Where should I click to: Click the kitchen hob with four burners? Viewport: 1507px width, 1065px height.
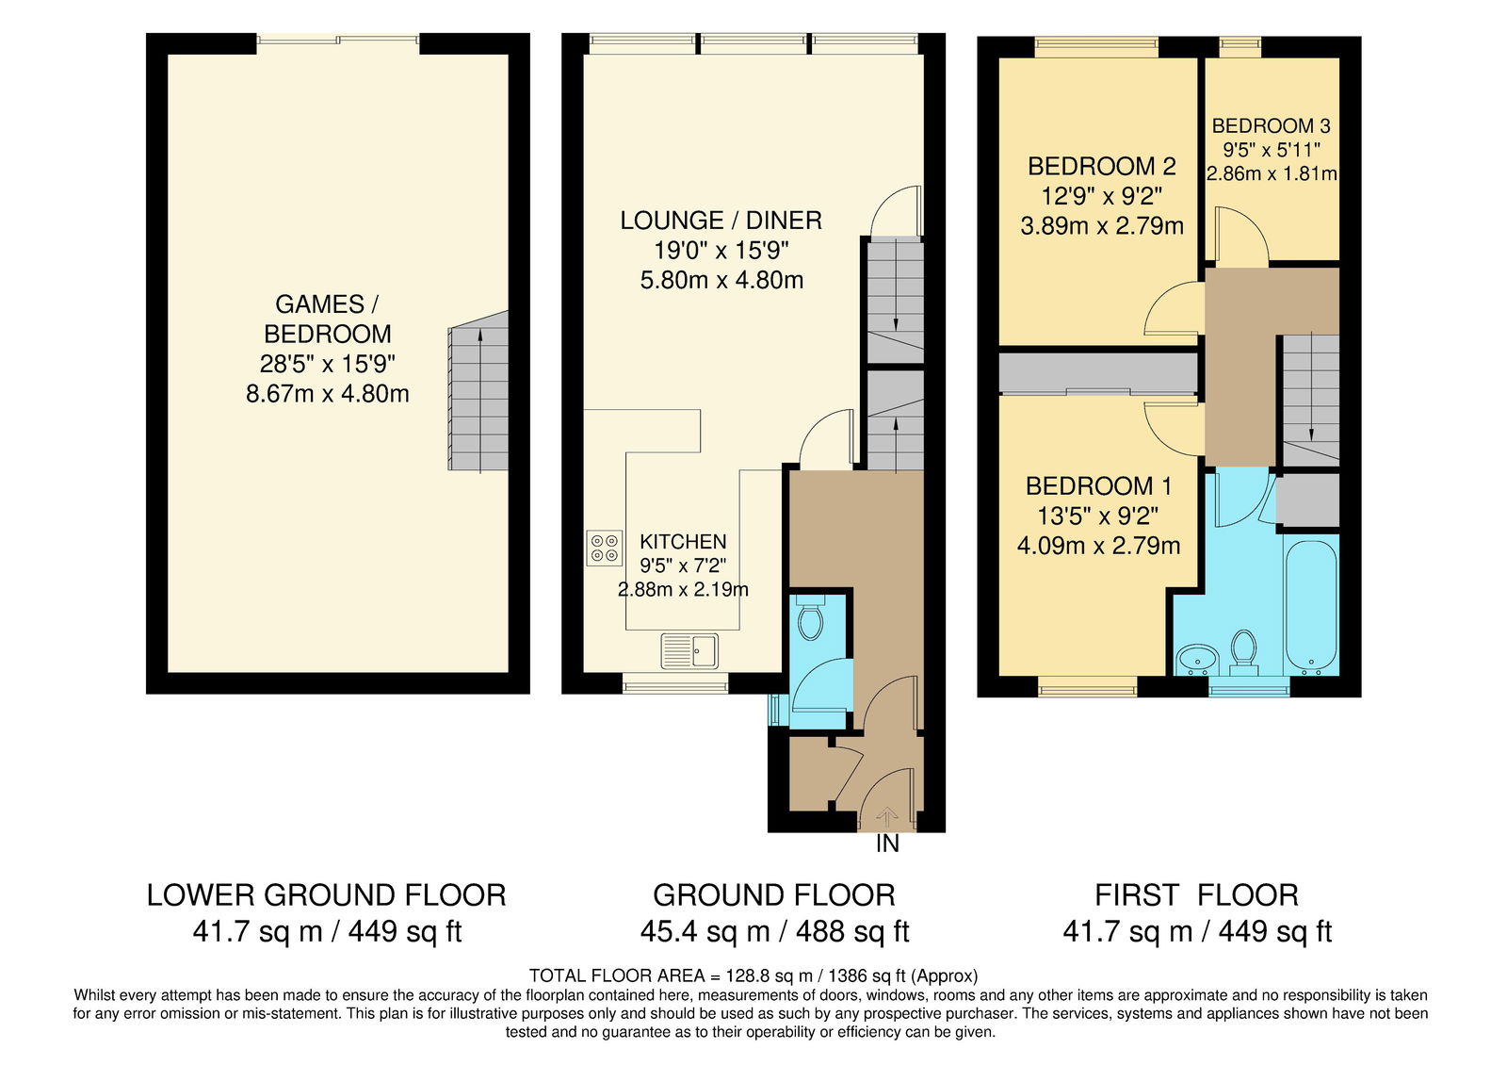click(x=604, y=548)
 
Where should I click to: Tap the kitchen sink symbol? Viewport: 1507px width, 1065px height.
click(x=689, y=651)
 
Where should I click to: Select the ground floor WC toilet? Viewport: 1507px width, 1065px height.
click(x=809, y=619)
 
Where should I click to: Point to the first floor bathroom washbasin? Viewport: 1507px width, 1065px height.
click(x=1199, y=658)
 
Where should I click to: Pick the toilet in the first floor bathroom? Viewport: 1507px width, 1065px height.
click(x=1243, y=651)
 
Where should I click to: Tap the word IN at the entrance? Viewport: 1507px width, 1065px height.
click(x=887, y=844)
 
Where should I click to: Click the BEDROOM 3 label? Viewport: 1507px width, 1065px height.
click(x=1271, y=126)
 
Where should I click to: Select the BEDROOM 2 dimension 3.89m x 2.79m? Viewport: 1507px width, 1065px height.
click(x=1102, y=225)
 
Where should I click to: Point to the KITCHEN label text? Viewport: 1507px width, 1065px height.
click(x=683, y=541)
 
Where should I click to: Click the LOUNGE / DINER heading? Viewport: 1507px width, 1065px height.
click(x=721, y=221)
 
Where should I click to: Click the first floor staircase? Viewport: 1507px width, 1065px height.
click(x=1311, y=401)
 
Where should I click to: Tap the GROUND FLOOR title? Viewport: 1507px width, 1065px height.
click(x=774, y=895)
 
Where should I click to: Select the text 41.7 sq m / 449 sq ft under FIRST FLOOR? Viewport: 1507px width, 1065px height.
click(x=1197, y=932)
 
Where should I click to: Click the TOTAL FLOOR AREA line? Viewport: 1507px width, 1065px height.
click(x=753, y=975)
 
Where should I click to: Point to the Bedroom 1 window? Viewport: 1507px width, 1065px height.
click(x=1087, y=687)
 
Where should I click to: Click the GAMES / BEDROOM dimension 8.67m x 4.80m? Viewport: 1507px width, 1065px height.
click(x=328, y=394)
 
